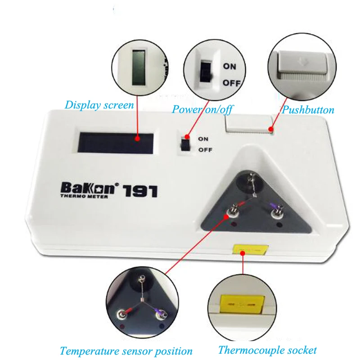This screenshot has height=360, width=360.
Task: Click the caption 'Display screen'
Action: [x=99, y=105]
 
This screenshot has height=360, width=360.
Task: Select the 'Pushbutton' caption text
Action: [x=308, y=110]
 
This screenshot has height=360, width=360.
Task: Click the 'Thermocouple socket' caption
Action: [x=267, y=350]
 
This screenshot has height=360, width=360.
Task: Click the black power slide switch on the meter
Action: [x=184, y=144]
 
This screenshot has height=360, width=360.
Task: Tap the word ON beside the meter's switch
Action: [x=203, y=139]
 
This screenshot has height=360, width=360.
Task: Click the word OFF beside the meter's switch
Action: [x=205, y=150]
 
